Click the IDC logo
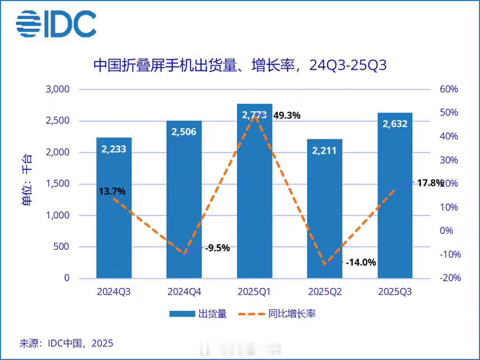pos(56,23)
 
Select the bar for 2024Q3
pos(114,224)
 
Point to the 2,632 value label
pos(395,124)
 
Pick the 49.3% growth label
pos(287,116)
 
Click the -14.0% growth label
pos(361,262)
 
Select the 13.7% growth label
pos(112,191)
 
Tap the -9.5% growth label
pos(217,248)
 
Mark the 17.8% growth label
pos(430,183)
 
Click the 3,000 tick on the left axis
pos(57,89)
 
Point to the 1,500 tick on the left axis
pos(57,184)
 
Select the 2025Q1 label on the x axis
pos(255,292)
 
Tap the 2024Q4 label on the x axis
pos(184,292)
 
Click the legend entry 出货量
pos(199,314)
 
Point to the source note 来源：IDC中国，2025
pos(70,342)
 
